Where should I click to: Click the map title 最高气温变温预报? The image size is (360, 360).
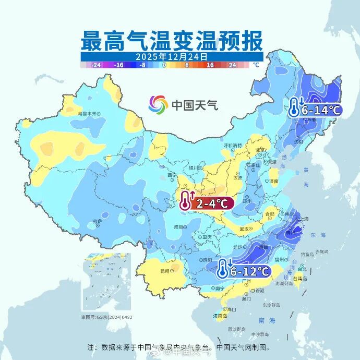pyautogui.click(x=172, y=40)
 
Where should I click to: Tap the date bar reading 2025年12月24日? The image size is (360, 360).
pyautogui.click(x=172, y=56)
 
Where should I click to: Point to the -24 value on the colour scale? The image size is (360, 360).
pyautogui.click(x=96, y=65)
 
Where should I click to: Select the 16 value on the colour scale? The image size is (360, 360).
pyautogui.click(x=210, y=65)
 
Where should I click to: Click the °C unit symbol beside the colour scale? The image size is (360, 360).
pyautogui.click(x=256, y=65)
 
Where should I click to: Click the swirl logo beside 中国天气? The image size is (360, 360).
pyautogui.click(x=158, y=104)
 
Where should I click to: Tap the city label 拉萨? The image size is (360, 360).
pyautogui.click(x=97, y=221)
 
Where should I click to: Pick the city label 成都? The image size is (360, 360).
pyautogui.click(x=179, y=226)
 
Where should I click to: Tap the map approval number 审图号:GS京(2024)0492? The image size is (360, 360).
pyautogui.click(x=106, y=317)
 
